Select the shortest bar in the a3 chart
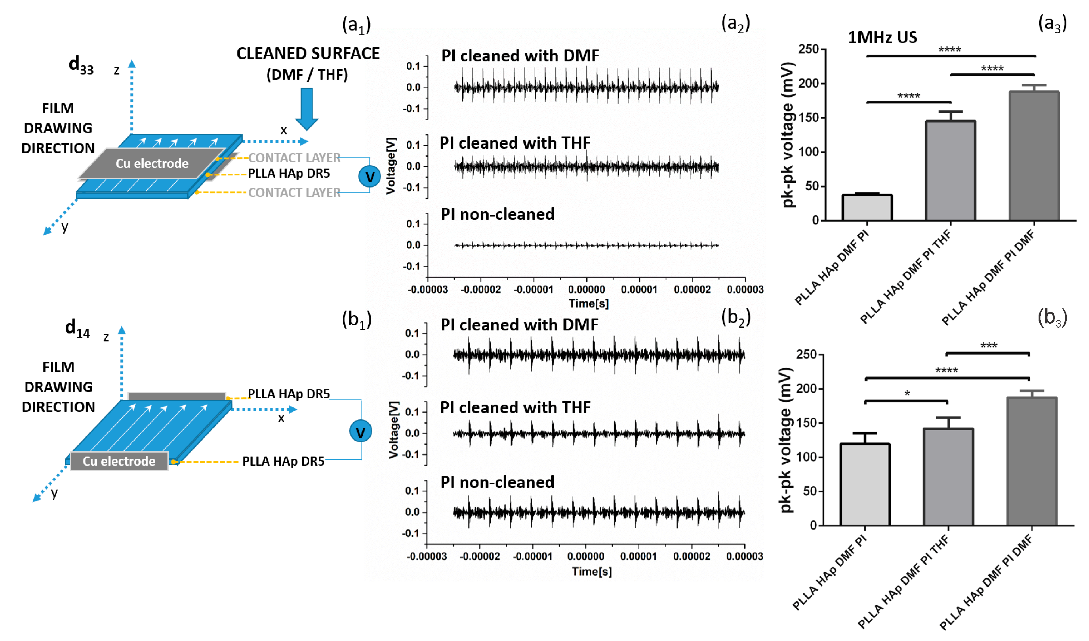867,207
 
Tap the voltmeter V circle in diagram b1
361,431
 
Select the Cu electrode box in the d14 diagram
119,461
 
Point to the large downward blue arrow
307,108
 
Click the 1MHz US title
882,38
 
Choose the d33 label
81,65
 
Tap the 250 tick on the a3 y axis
809,49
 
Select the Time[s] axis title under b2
592,571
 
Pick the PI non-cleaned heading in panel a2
497,214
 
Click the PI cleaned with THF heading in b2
515,407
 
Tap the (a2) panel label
735,24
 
